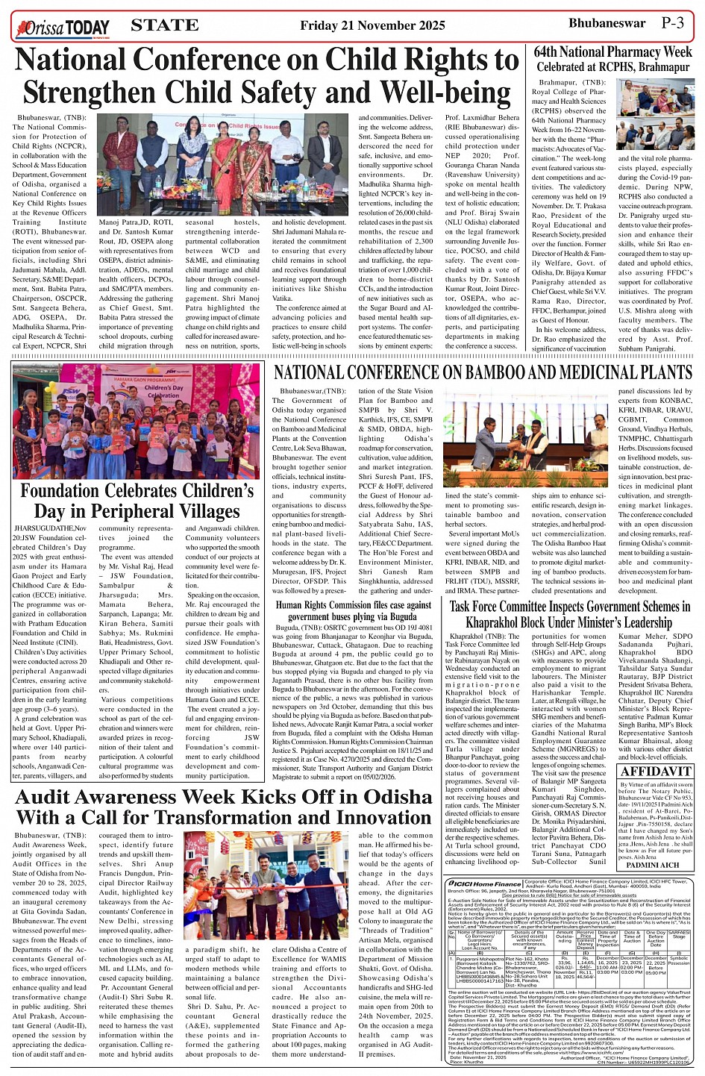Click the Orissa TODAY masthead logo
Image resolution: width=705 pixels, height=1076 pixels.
pos(63,28)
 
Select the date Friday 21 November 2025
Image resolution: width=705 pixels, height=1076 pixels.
pos(372,26)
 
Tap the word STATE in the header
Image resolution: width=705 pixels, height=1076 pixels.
pos(164,25)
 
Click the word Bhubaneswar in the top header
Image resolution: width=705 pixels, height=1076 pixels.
pos(607,23)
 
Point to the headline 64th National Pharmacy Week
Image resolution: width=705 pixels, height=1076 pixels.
pos(612,52)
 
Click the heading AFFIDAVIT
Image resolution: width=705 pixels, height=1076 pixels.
pos(656,772)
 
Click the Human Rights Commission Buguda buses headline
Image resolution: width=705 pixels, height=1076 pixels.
pos(353,611)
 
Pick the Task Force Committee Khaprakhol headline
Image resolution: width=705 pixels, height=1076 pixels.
pos(569,614)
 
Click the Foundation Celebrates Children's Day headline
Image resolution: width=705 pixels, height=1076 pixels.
pos(137,501)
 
